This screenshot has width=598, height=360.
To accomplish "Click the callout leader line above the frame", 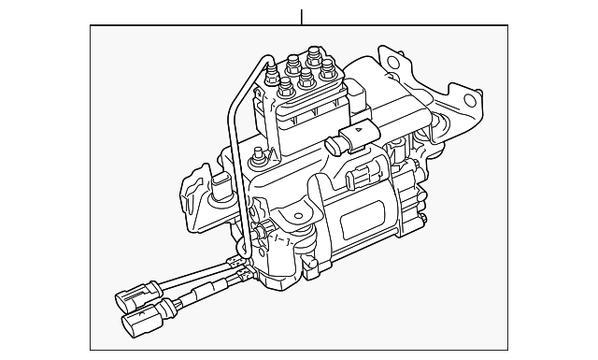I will point(301,17).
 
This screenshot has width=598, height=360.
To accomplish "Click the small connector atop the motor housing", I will point(357,178).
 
